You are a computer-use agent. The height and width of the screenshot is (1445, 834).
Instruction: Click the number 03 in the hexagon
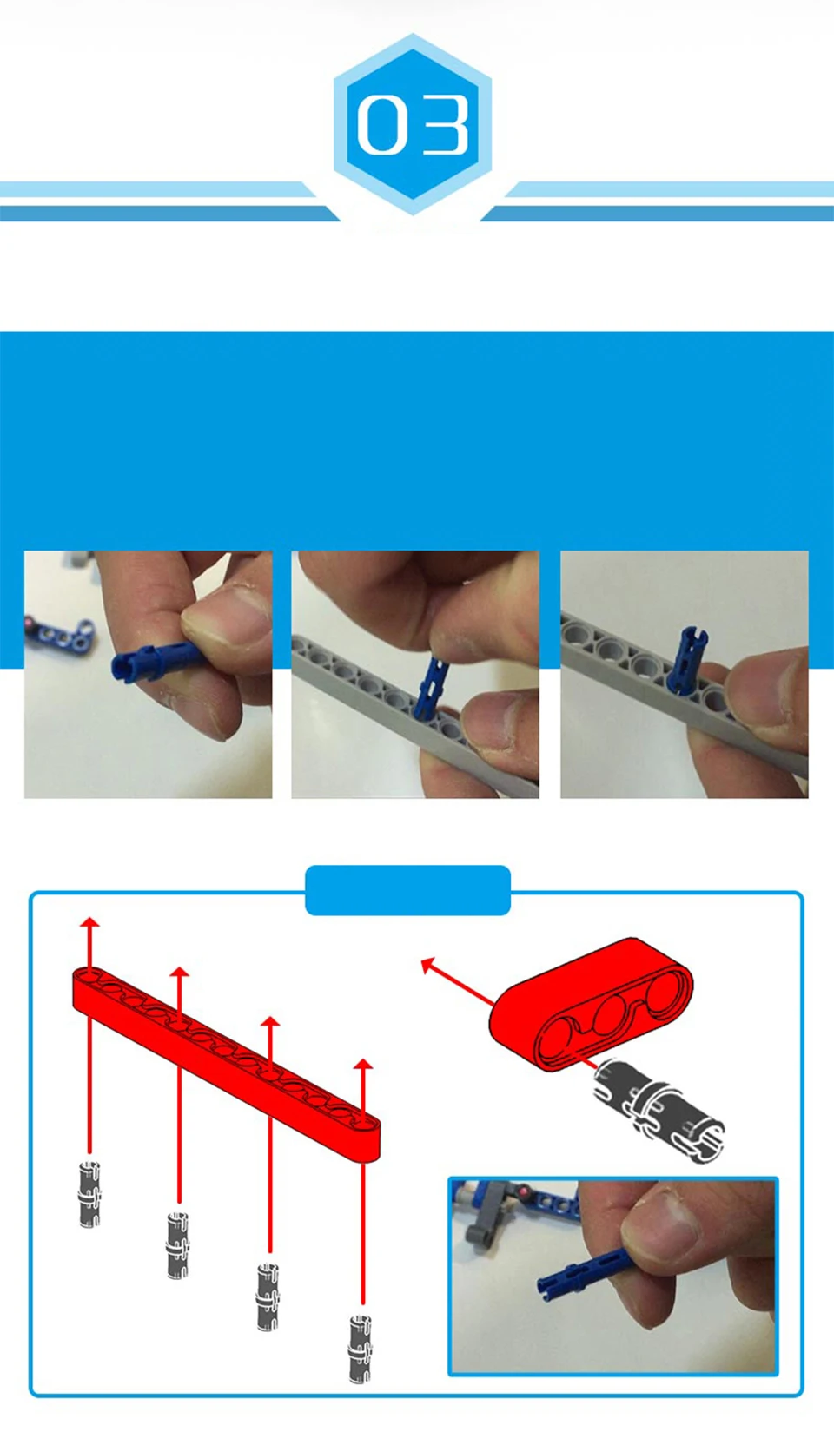[413, 124]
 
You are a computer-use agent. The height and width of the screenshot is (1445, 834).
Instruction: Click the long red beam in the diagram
[226, 1062]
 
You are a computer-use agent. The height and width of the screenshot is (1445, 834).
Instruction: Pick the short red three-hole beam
[591, 1004]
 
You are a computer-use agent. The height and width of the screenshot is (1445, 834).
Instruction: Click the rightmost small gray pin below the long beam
[361, 1349]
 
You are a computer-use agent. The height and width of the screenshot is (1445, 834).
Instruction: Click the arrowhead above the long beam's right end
[363, 1064]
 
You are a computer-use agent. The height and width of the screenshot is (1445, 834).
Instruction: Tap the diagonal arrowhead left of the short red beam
[427, 965]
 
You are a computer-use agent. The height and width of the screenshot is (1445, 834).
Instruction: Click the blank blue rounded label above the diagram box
[408, 890]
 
